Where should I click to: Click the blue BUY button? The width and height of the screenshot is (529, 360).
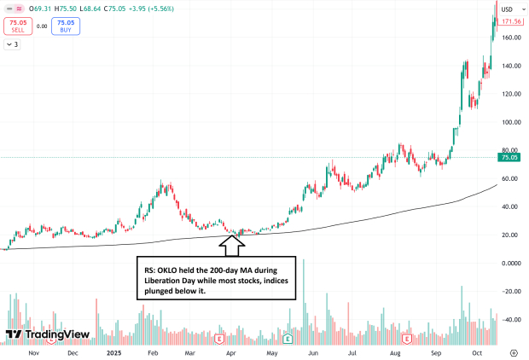pyautogui.click(x=65, y=26)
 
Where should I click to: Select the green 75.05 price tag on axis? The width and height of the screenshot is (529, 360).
pyautogui.click(x=510, y=157)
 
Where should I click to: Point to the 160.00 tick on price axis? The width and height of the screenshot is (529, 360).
pyautogui.click(x=511, y=38)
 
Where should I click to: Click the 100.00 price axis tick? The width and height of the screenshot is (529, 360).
pyautogui.click(x=511, y=122)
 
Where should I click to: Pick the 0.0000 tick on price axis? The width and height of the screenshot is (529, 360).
pyautogui.click(x=511, y=264)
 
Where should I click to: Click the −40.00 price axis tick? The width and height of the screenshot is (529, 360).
pyautogui.click(x=511, y=320)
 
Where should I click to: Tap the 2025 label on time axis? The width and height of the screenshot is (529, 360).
pyautogui.click(x=113, y=351)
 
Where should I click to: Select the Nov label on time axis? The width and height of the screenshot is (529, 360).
pyautogui.click(x=33, y=351)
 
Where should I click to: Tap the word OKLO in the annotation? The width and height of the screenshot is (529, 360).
pyautogui.click(x=171, y=269)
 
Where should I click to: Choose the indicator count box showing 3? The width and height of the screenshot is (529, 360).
pyautogui.click(x=12, y=44)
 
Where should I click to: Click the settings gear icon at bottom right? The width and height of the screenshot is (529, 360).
pyautogui.click(x=513, y=351)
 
